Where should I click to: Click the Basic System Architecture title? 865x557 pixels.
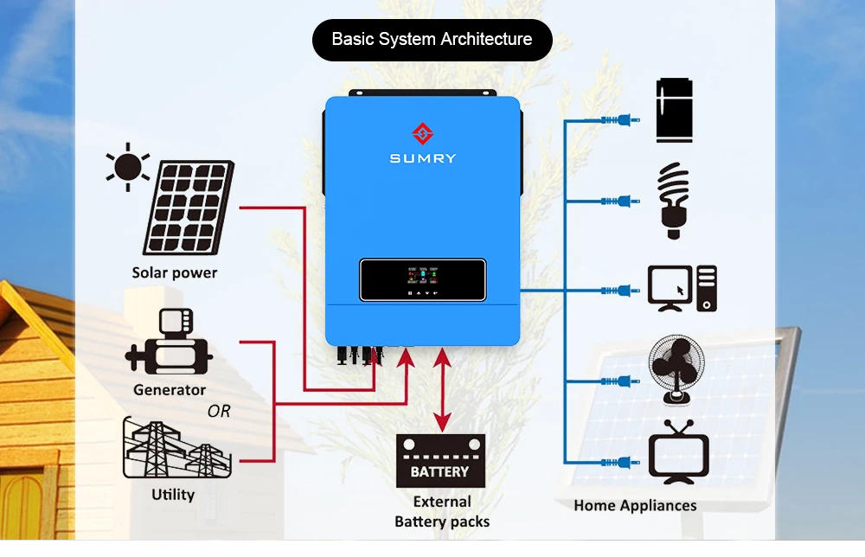[432, 40]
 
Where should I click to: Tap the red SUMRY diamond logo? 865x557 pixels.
[422, 134]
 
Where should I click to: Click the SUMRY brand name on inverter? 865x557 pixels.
[422, 159]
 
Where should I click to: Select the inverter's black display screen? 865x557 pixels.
[422, 282]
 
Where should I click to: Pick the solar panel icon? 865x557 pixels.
[188, 208]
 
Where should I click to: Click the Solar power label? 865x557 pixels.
[175, 273]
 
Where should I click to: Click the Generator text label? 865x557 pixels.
[170, 390]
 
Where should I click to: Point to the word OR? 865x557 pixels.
[219, 412]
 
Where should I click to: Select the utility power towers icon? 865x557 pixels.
[177, 449]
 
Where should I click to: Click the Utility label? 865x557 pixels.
[173, 495]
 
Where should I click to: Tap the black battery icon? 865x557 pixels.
[439, 461]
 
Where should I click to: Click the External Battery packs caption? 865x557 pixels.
[441, 511]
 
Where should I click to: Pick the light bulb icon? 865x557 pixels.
[673, 202]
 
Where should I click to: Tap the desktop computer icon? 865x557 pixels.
[682, 289]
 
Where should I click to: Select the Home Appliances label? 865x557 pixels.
[635, 506]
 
